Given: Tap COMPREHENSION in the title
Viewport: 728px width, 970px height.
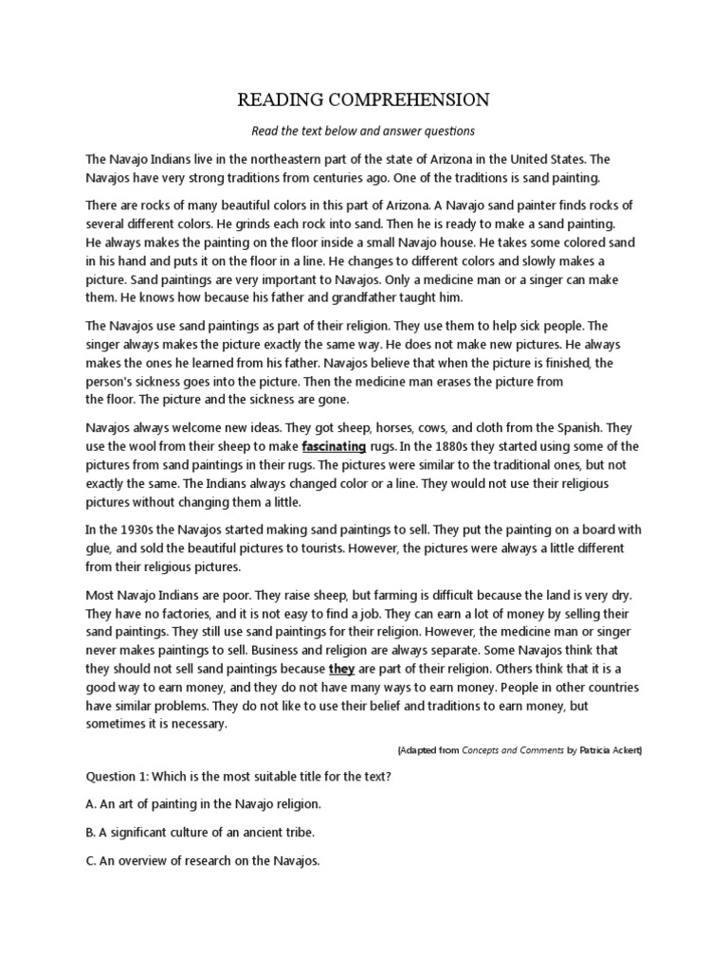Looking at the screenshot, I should click(410, 99).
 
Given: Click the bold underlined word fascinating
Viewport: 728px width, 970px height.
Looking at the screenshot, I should click(334, 446).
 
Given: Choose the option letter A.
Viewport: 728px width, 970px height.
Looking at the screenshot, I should click(90, 804).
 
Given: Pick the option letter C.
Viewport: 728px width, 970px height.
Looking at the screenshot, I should click(90, 862).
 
